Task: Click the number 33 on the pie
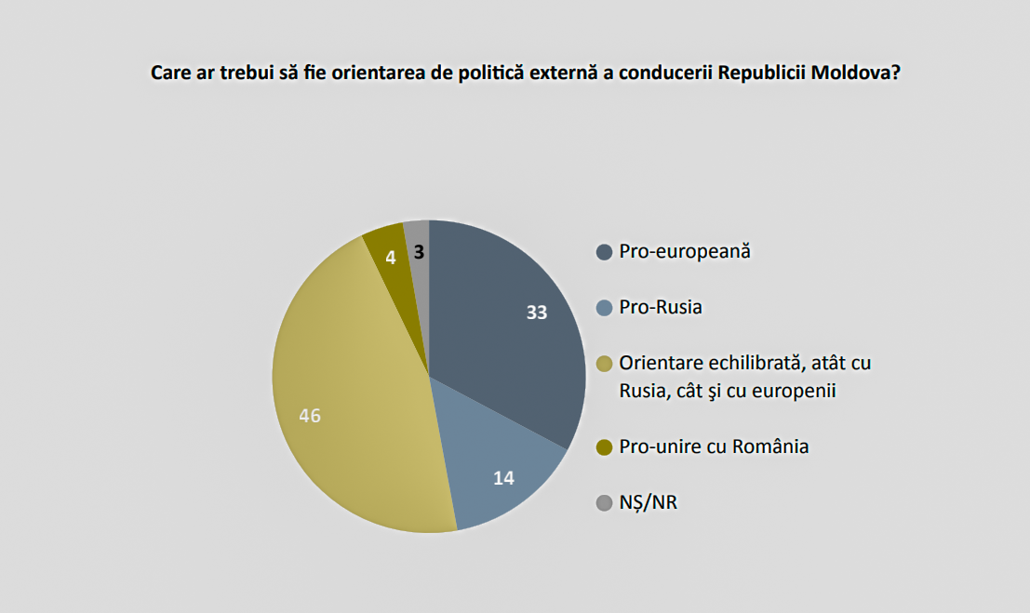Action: tap(536, 313)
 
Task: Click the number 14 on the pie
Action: tap(502, 479)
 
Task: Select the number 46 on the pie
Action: tap(310, 416)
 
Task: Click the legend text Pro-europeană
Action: tap(684, 251)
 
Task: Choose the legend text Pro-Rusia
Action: tap(661, 306)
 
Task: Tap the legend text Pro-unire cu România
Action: tap(714, 446)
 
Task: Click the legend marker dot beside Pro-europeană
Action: tap(604, 252)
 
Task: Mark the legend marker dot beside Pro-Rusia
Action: tap(604, 307)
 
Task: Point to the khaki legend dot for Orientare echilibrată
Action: tap(604, 364)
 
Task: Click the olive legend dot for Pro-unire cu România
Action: tap(604, 447)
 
